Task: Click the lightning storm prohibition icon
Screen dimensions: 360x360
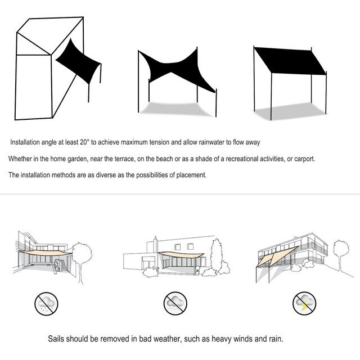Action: tap(304, 303)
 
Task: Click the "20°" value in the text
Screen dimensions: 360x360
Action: tap(84, 142)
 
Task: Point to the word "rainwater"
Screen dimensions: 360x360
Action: tap(211, 142)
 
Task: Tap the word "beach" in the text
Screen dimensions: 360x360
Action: tap(164, 159)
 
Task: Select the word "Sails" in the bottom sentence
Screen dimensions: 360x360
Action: tap(56, 339)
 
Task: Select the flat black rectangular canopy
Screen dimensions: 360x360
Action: tap(290, 61)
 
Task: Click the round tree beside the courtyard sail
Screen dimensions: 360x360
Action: tap(82, 253)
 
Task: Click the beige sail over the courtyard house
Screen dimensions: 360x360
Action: tap(45, 253)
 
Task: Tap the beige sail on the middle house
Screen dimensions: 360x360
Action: tap(181, 255)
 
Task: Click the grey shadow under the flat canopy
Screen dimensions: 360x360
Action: tap(291, 111)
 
